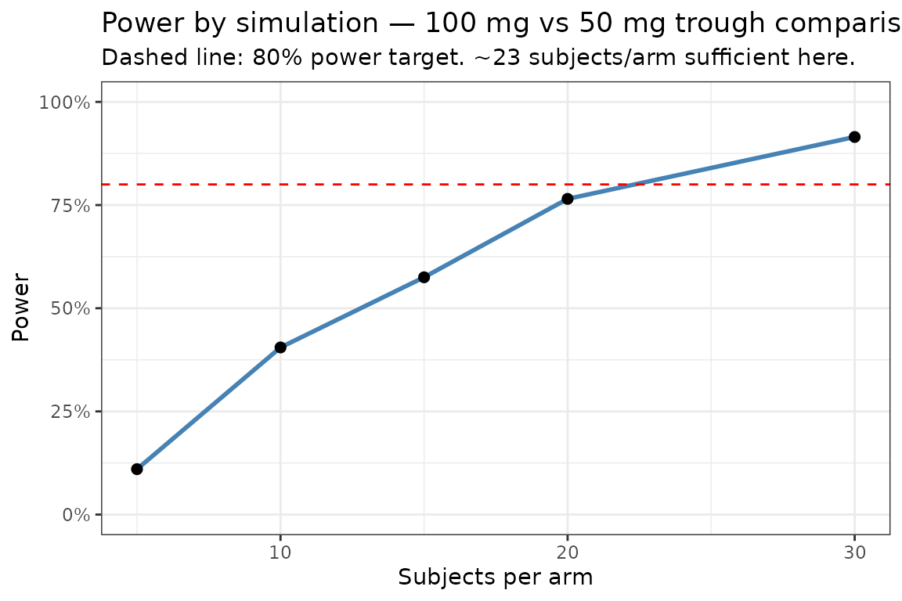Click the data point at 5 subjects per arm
[137, 469]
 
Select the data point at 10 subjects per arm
[280, 347]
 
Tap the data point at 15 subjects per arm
[424, 277]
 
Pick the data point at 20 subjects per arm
[568, 199]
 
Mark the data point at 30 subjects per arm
[854, 137]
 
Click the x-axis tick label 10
[280, 552]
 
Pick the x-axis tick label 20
[568, 552]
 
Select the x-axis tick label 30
[854, 552]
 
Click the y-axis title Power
[21, 308]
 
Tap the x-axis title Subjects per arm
[495, 578]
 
